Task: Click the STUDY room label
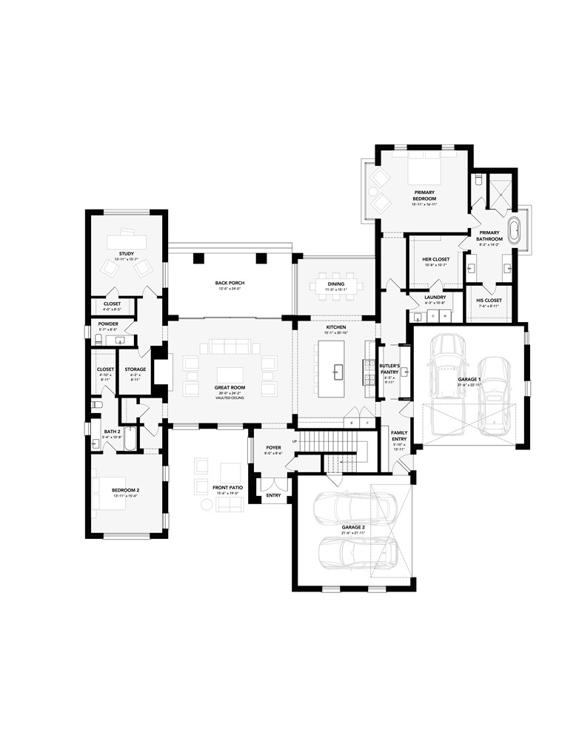tap(126, 254)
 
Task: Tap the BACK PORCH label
tap(230, 283)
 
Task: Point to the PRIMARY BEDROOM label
tap(424, 195)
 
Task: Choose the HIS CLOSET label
tap(489, 300)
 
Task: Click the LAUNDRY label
tap(435, 297)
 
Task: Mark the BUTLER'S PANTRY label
tap(389, 369)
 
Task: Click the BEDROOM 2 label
tap(126, 490)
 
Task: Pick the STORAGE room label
tap(135, 369)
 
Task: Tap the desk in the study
tap(126, 241)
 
